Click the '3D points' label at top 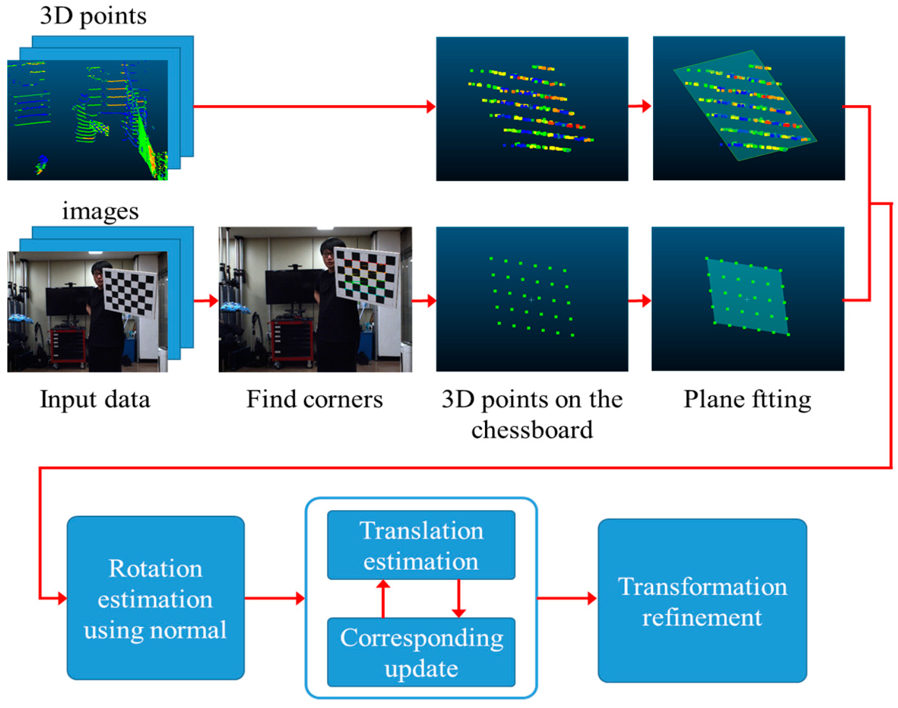click(93, 16)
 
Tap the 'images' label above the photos click(100, 211)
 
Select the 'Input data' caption click(95, 399)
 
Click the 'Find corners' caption click(314, 399)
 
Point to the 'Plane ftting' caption click(747, 399)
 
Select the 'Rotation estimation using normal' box click(156, 598)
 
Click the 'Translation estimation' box click(421, 545)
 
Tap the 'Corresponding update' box click(421, 652)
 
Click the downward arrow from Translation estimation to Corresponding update click(458, 599)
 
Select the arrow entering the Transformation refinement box click(568, 598)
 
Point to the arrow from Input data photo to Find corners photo click(206, 301)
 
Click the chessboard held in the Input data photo click(129, 293)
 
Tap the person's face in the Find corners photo click(328, 253)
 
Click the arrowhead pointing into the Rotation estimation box click(62, 598)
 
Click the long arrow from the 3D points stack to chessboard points click(314, 106)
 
